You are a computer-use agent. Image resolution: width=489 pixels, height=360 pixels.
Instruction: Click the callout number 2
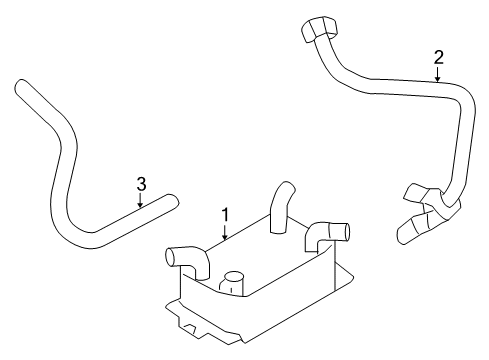tap(438, 58)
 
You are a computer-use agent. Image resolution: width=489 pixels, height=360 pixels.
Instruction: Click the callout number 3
tap(141, 183)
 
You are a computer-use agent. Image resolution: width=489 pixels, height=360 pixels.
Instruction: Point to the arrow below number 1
tap(226, 234)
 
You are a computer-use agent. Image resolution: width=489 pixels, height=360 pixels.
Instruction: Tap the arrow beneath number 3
tap(141, 201)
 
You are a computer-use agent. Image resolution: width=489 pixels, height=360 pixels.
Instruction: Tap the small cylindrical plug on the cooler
tap(236, 283)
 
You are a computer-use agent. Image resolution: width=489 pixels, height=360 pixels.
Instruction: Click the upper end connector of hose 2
tap(315, 31)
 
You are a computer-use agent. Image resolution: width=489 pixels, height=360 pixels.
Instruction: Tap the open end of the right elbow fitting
tap(343, 232)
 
